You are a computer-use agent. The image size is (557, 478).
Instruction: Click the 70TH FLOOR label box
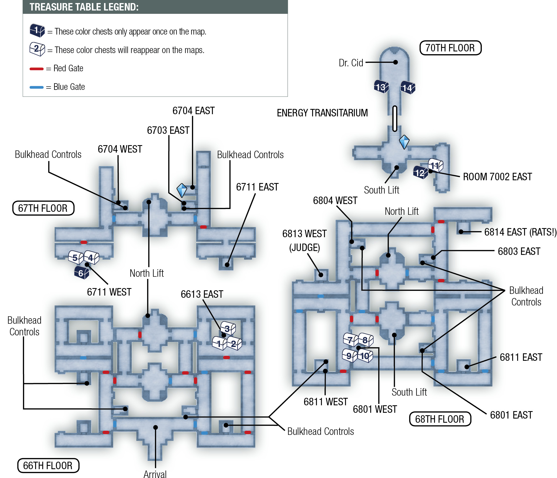click(450, 48)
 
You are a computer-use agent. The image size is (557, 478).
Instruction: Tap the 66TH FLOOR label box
click(48, 466)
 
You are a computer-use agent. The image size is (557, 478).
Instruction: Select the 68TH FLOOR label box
click(440, 419)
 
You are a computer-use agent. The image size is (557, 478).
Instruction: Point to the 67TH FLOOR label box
click(43, 208)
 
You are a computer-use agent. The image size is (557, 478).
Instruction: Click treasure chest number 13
click(381, 87)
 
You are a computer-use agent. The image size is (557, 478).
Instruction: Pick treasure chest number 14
click(408, 88)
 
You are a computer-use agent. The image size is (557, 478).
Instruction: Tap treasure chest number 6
click(82, 273)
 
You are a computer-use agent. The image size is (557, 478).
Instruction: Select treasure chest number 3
click(228, 328)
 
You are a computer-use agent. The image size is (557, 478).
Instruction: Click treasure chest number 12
click(421, 173)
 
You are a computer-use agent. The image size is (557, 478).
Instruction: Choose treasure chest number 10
click(365, 356)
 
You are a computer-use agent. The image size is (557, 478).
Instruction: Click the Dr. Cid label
click(351, 63)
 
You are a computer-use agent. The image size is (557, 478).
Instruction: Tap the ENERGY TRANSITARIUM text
click(322, 113)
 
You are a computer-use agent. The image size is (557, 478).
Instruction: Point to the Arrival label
click(155, 474)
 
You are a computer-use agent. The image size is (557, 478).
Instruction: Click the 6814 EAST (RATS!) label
click(520, 232)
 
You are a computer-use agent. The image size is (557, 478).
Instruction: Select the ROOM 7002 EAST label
click(498, 177)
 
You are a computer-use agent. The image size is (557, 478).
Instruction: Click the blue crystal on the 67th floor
click(182, 190)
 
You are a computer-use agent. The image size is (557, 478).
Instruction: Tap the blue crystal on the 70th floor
click(404, 142)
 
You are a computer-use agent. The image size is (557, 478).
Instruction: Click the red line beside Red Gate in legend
click(37, 69)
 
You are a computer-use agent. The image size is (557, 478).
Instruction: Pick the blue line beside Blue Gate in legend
click(37, 87)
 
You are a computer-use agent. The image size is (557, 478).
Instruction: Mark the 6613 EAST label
click(202, 294)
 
